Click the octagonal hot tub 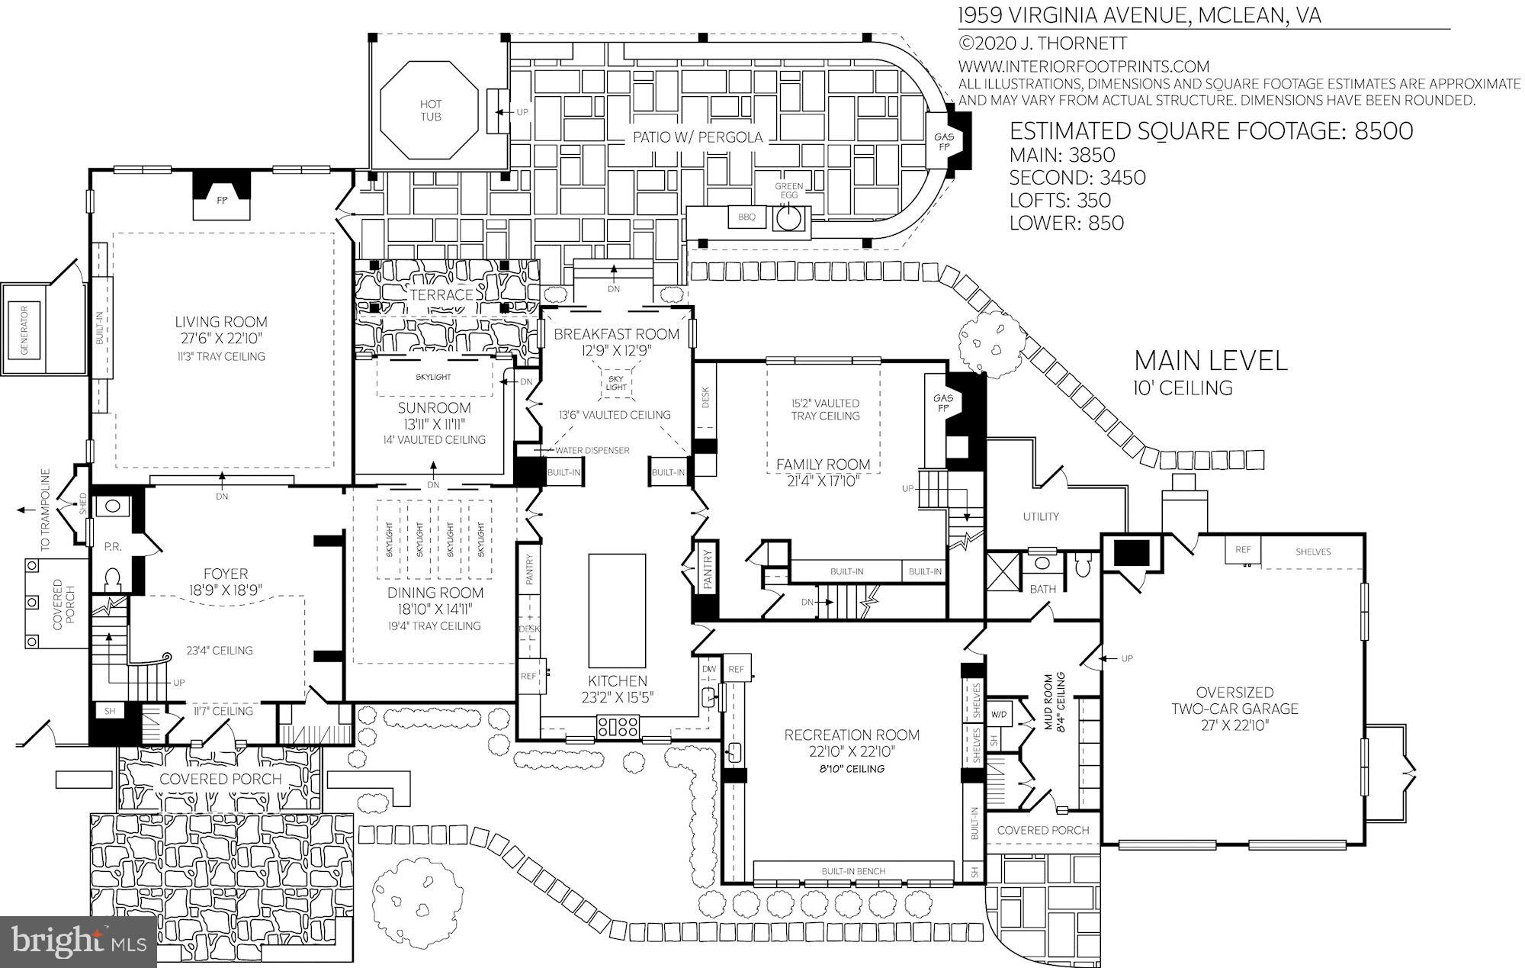[430, 111]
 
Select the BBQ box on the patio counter [746, 217]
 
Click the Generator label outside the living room [24, 330]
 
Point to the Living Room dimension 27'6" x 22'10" [221, 339]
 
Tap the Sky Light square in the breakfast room [616, 382]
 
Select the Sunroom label [434, 408]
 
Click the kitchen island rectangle [617, 611]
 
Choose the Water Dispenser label [592, 450]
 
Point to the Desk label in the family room [705, 397]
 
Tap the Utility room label [1041, 516]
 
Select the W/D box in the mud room [998, 715]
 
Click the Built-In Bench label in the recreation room [852, 871]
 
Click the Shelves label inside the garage [1312, 552]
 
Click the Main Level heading [1210, 361]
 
